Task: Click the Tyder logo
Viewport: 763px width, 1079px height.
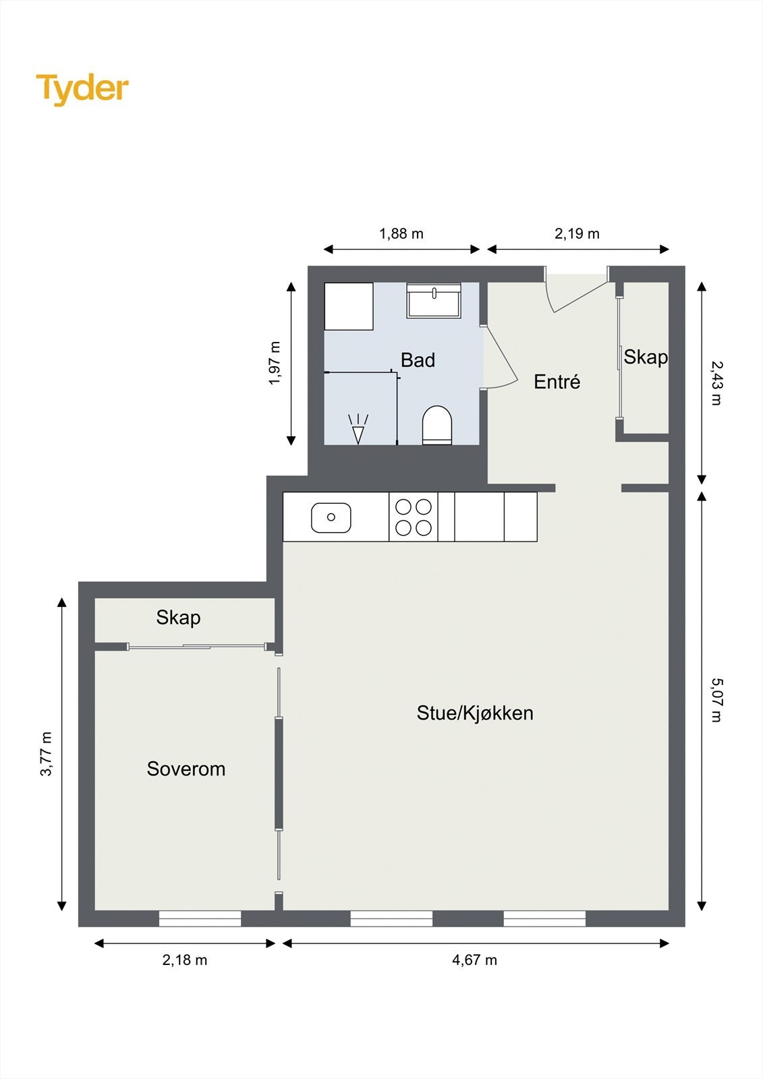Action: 82,88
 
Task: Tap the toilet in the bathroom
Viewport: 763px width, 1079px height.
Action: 437,425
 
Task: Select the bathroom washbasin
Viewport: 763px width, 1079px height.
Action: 434,301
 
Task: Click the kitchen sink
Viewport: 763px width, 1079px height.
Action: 331,517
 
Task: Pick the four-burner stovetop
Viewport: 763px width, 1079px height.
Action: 414,517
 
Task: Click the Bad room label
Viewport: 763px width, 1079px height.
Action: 418,360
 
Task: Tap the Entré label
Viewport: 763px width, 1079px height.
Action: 557,382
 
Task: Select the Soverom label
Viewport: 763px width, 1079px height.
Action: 186,769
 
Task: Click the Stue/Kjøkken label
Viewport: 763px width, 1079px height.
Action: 475,713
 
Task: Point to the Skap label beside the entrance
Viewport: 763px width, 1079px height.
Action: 645,357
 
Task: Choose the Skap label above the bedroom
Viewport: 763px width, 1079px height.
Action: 178,617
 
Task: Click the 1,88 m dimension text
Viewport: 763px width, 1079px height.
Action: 401,234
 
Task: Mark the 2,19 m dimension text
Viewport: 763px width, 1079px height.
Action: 577,234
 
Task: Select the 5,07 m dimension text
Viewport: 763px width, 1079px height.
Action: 716,700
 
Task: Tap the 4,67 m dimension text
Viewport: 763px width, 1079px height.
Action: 474,960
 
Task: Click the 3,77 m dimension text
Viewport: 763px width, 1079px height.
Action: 46,754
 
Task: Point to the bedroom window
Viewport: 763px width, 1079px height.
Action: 200,918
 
